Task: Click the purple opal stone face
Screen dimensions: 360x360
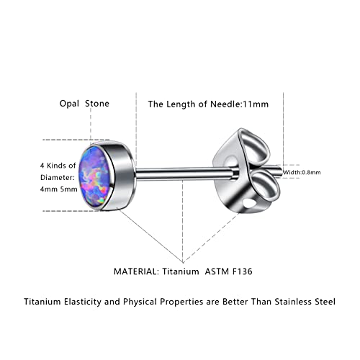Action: point(95,177)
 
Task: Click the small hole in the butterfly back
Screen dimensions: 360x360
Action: point(249,203)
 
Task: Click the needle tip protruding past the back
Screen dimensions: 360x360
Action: point(279,172)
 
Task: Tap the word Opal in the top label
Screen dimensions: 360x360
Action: point(69,104)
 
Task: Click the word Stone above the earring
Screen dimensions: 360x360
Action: point(97,104)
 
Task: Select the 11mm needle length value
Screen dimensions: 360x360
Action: point(256,104)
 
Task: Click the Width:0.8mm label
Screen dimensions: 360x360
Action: point(302,172)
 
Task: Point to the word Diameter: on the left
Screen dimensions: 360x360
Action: point(58,177)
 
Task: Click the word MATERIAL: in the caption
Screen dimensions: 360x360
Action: point(136,271)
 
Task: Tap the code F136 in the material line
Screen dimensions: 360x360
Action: point(243,271)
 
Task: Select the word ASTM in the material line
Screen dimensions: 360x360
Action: point(217,271)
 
